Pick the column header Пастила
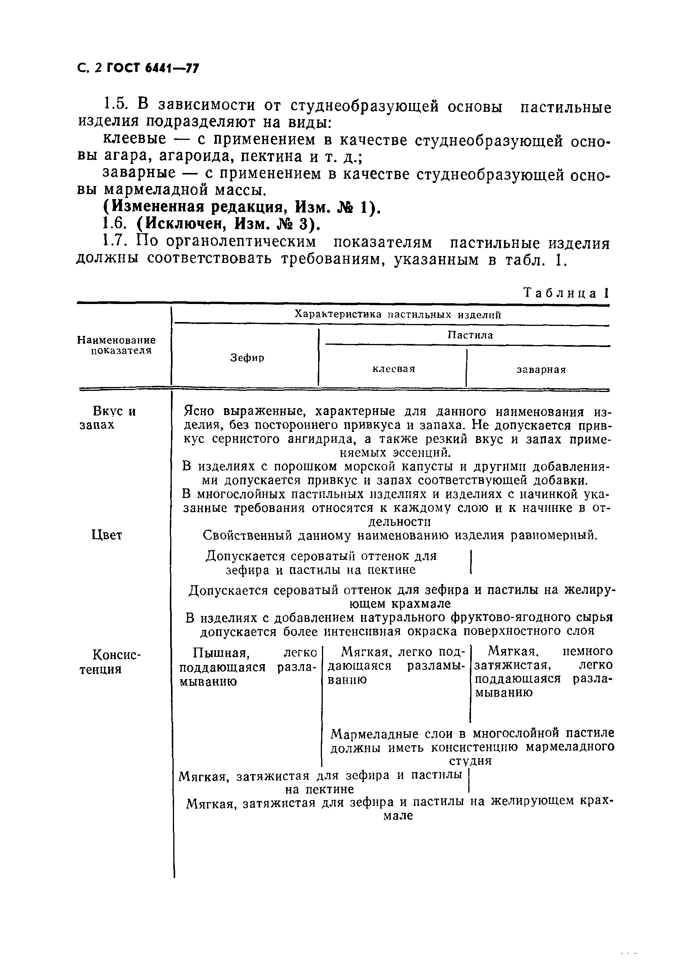pyautogui.click(x=470, y=335)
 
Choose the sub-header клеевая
pyautogui.click(x=394, y=369)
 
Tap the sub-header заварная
pyautogui.click(x=541, y=370)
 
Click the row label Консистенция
pyautogui.click(x=111, y=661)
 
